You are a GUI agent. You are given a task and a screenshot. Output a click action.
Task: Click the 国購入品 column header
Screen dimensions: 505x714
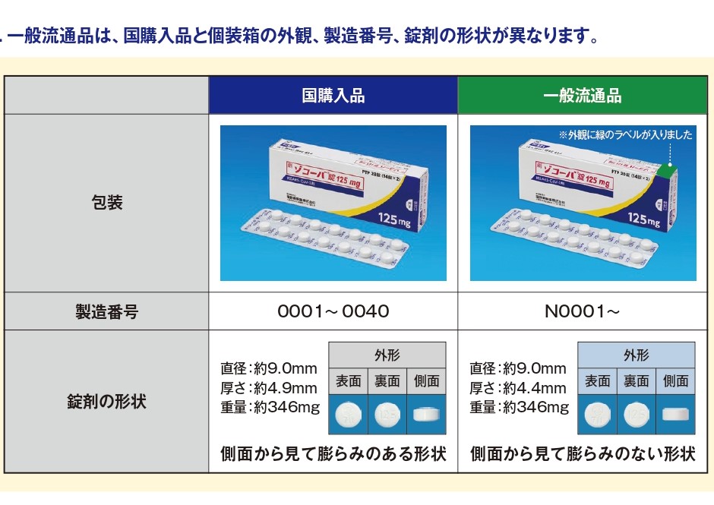[333, 96]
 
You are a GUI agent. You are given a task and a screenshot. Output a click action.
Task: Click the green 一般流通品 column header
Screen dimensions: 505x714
[583, 96]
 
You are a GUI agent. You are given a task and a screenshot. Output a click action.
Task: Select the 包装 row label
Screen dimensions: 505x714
[106, 203]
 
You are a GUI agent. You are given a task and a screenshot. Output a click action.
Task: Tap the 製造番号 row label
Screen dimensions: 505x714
[106, 311]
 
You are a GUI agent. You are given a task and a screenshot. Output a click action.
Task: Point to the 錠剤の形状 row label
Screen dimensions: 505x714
[106, 402]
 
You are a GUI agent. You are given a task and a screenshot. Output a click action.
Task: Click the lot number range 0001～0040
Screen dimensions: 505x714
[333, 311]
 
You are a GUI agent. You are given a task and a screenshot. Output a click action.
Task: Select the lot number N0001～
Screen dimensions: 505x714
[583, 311]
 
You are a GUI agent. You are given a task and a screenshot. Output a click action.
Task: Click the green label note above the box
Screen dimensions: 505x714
[626, 135]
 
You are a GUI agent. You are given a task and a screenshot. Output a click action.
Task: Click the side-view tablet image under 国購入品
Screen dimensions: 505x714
[426, 414]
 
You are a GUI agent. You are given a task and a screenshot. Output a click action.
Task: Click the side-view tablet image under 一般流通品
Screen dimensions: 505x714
[675, 414]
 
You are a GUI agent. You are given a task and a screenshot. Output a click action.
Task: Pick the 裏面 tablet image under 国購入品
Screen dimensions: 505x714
[387, 414]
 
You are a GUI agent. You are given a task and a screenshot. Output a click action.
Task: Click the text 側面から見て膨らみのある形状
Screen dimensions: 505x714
[333, 454]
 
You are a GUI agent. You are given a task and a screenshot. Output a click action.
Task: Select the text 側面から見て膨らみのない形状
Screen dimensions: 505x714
[583, 454]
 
